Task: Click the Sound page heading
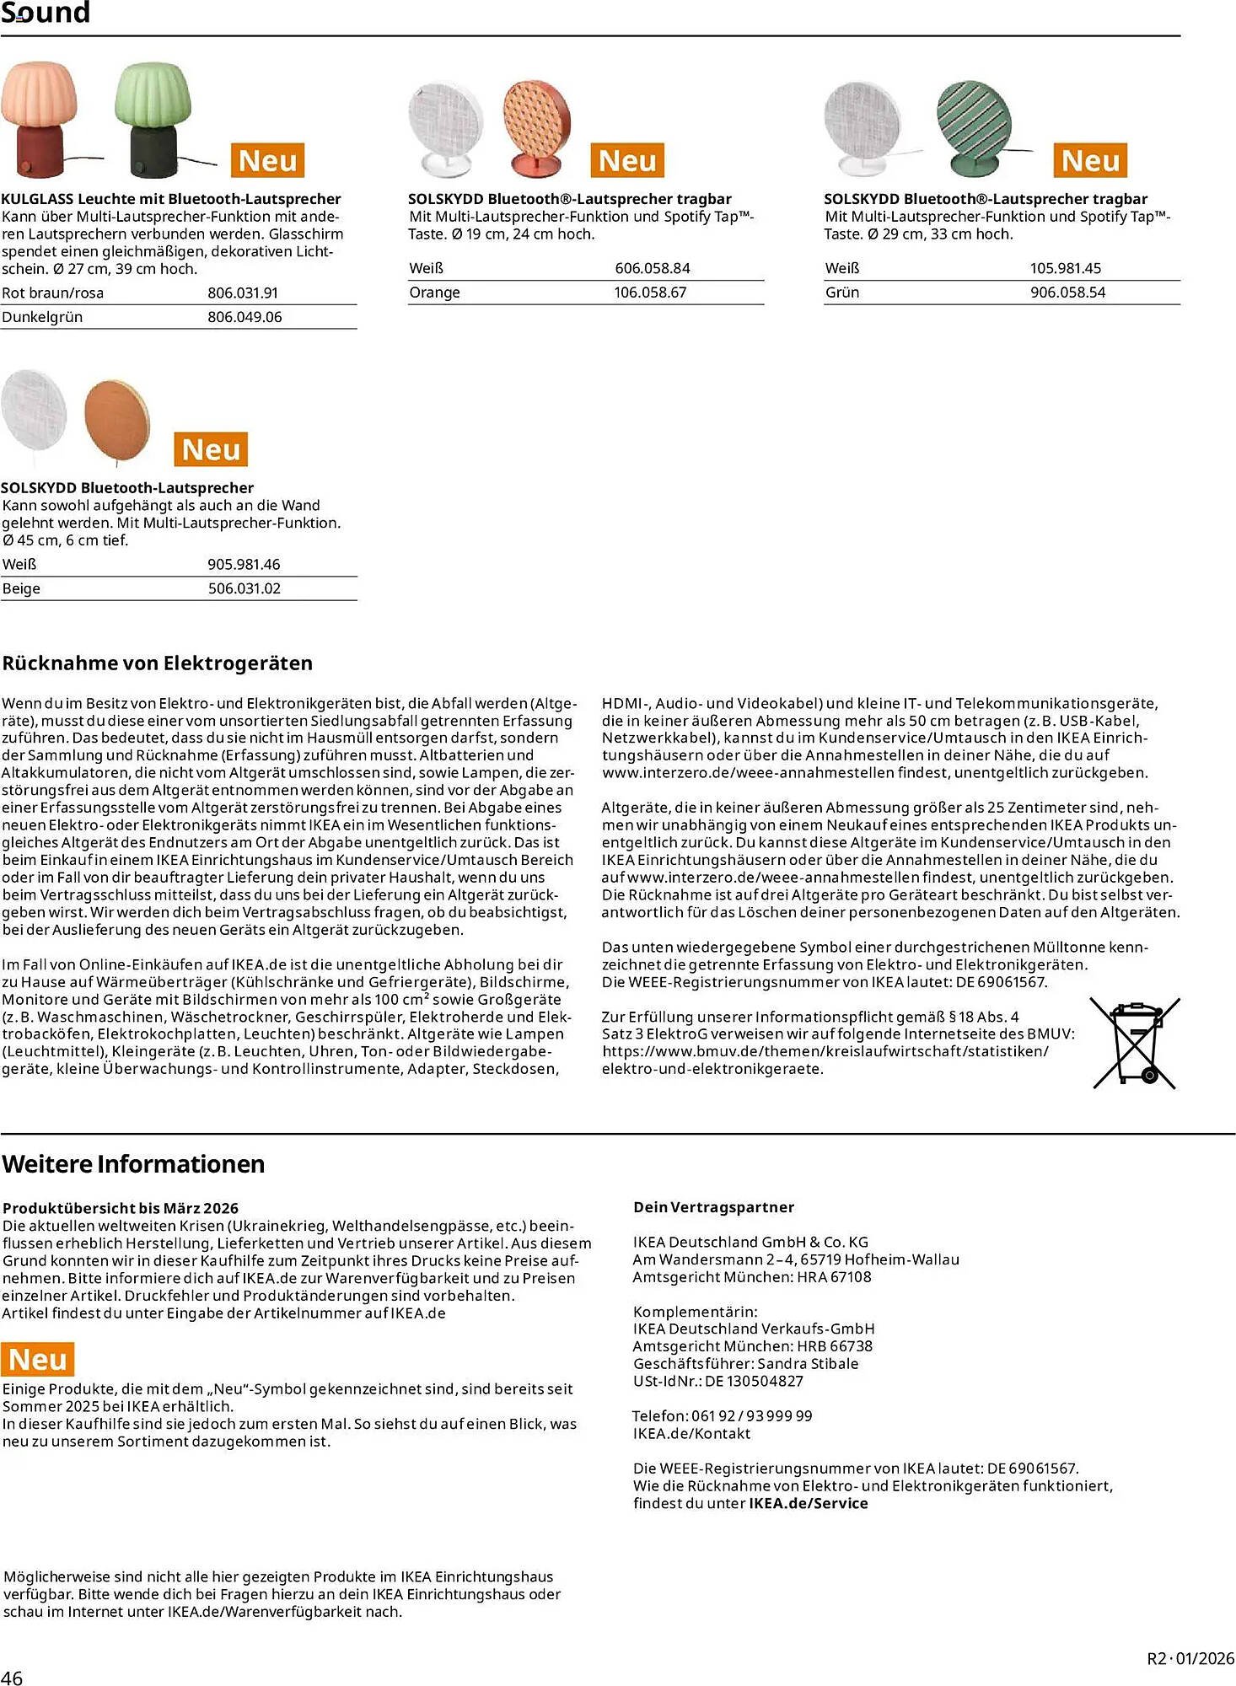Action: [x=46, y=13]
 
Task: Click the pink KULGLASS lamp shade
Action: [x=39, y=93]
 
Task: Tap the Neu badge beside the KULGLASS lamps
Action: [x=267, y=160]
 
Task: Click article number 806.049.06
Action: [x=245, y=317]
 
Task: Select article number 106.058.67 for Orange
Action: [x=650, y=293]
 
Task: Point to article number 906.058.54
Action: [x=1067, y=293]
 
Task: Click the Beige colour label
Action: [x=21, y=588]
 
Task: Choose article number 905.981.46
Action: [x=244, y=564]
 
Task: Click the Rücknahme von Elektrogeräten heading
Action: [x=158, y=663]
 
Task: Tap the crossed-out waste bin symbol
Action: [x=1134, y=1044]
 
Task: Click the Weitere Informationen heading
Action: [x=133, y=1164]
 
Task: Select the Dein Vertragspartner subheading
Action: [x=713, y=1207]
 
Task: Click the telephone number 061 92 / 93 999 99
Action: [x=751, y=1415]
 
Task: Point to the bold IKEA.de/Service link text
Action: [x=808, y=1503]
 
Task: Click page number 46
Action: [x=12, y=1677]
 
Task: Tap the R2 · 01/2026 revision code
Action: [x=1190, y=1658]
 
